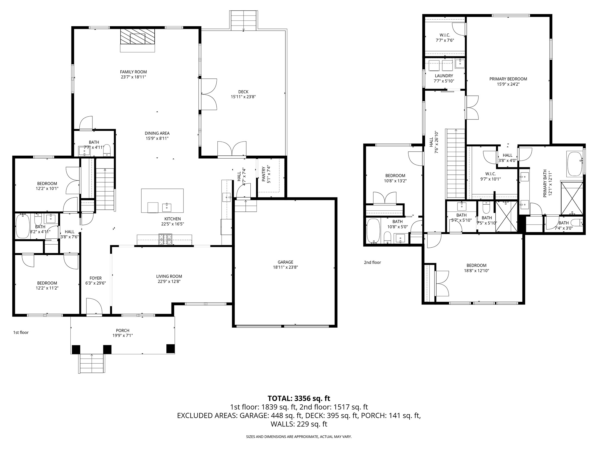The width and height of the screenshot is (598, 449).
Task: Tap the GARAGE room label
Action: click(x=285, y=262)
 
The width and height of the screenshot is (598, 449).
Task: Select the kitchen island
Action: click(x=162, y=201)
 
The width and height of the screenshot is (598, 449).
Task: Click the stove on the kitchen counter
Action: click(x=166, y=239)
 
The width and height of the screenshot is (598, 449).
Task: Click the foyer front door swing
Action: click(x=94, y=306)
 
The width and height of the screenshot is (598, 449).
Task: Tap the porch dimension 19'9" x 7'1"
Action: click(x=123, y=336)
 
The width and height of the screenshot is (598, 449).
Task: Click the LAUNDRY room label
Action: click(x=444, y=76)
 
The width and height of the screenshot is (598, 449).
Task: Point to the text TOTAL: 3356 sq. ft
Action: click(x=299, y=398)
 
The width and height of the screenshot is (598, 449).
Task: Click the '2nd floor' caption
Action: click(x=372, y=262)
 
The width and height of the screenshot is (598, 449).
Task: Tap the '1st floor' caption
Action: click(x=21, y=332)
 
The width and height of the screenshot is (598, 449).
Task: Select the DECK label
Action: click(x=243, y=92)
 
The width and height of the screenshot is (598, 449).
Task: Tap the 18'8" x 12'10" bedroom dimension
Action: click(x=476, y=270)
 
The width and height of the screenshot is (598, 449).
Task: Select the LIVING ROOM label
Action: click(x=169, y=276)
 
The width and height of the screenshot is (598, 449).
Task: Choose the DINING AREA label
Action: click(x=157, y=133)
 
